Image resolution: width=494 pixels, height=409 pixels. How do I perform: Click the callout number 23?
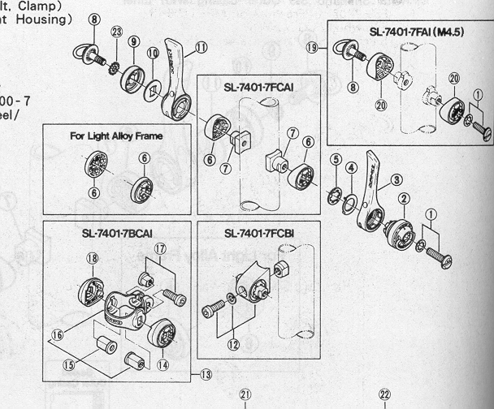click(118, 32)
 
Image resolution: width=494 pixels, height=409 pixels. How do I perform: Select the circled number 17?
click(161, 248)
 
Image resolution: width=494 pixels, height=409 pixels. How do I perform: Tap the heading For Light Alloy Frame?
click(117, 136)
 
